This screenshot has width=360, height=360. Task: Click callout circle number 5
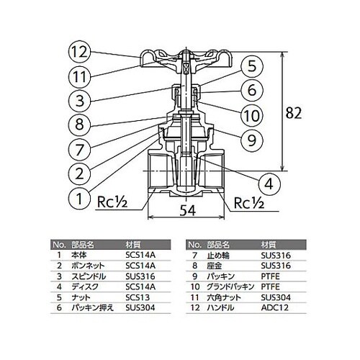(247, 67)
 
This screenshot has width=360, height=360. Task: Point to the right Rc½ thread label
(248, 202)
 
